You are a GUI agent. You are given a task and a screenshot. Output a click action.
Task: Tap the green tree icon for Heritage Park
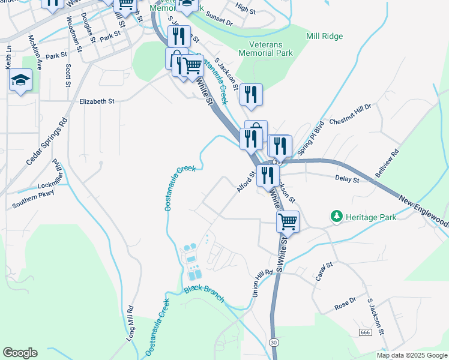[x=336, y=216]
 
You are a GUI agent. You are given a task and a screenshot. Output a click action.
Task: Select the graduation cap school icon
[x=20, y=81]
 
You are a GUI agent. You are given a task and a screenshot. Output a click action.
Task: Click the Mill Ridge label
[x=324, y=37]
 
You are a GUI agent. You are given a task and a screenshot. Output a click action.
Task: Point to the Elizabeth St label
[x=97, y=102]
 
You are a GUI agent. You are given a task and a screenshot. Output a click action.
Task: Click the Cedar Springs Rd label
[x=47, y=142]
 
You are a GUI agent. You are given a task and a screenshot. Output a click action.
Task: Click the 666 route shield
[x=365, y=332]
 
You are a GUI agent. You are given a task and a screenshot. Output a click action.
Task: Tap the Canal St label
[x=325, y=271]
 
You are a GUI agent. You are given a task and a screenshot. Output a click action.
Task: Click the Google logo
[x=20, y=353]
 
